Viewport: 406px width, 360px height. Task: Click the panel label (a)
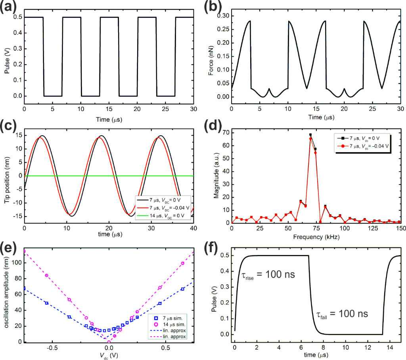[x=9, y=8]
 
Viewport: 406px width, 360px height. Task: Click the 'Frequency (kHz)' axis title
[x=316, y=238]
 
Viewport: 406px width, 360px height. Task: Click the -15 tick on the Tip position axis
[x=15, y=216]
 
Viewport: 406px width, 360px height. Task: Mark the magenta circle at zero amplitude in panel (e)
[x=109, y=341]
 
